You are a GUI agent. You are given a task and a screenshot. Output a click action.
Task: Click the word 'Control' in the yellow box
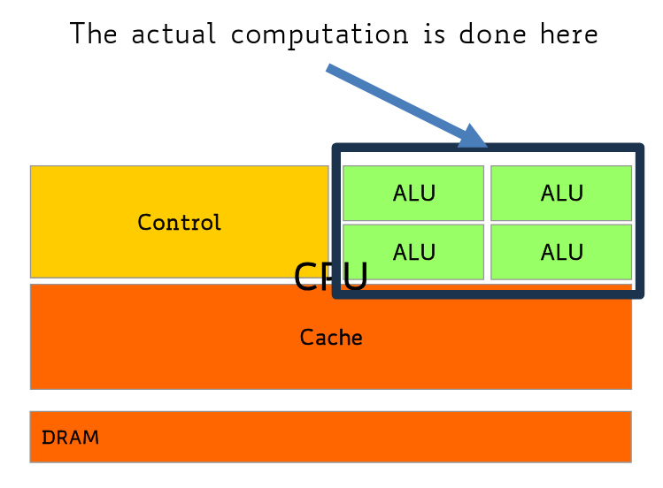179,223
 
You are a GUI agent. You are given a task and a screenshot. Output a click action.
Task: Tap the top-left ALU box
413,193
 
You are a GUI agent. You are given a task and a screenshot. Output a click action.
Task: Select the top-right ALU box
561,193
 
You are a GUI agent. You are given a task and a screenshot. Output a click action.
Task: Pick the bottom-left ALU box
413,252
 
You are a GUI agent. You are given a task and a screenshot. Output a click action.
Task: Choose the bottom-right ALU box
561,252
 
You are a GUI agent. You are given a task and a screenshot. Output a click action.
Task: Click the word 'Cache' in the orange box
331,337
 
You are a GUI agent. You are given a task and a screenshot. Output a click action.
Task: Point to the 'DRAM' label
70,438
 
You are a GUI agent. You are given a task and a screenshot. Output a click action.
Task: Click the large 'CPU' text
330,278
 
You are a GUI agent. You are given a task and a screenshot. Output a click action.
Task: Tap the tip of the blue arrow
484,144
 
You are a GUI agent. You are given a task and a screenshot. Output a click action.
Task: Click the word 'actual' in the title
172,34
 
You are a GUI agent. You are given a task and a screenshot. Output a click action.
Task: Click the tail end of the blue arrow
329,68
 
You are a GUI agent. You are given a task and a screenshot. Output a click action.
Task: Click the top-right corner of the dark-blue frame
639,149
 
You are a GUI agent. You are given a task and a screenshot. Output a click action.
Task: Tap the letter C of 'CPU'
306,278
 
